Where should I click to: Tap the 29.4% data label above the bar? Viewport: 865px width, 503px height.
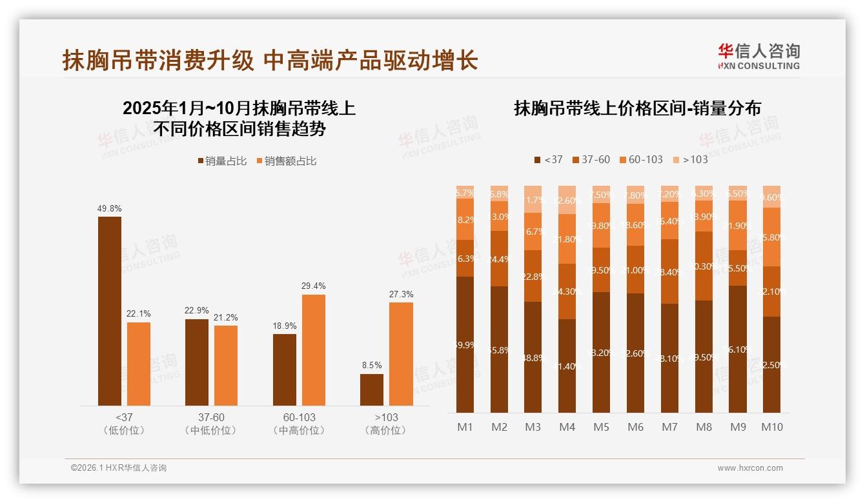(x=314, y=286)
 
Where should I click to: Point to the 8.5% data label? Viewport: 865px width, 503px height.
(x=372, y=365)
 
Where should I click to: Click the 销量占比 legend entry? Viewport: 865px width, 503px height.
(x=222, y=161)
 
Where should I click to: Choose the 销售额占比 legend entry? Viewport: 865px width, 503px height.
(x=287, y=161)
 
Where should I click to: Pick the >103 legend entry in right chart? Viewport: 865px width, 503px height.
(x=690, y=159)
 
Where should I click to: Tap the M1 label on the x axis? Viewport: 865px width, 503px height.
(x=465, y=427)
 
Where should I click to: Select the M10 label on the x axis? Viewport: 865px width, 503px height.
(x=772, y=427)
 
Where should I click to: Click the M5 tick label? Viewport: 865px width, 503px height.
(x=601, y=427)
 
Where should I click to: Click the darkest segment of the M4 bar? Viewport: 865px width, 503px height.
(x=567, y=366)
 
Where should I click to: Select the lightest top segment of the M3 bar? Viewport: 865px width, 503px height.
(x=533, y=199)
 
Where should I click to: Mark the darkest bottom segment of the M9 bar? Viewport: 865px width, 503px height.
(x=738, y=349)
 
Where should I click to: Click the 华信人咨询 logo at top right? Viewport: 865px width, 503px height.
(x=758, y=56)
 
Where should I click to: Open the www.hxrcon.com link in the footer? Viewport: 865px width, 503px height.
(x=750, y=468)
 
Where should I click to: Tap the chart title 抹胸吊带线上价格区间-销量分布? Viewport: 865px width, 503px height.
(x=637, y=108)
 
